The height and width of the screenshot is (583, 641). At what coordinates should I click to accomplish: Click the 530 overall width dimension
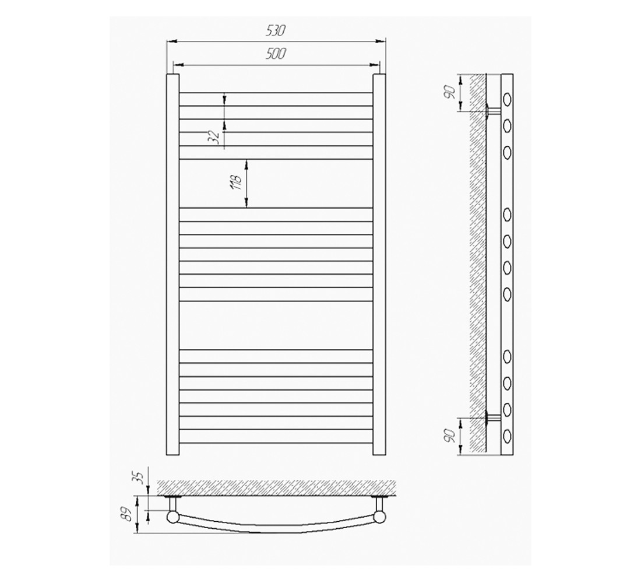(276, 31)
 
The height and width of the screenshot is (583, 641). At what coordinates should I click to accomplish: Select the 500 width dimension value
(276, 54)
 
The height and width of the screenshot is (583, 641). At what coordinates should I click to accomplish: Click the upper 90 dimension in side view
(450, 92)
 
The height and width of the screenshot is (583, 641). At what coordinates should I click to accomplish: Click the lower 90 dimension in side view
(450, 436)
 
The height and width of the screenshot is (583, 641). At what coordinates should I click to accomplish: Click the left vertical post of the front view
(172, 264)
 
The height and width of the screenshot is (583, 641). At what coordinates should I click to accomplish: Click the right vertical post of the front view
(379, 264)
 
